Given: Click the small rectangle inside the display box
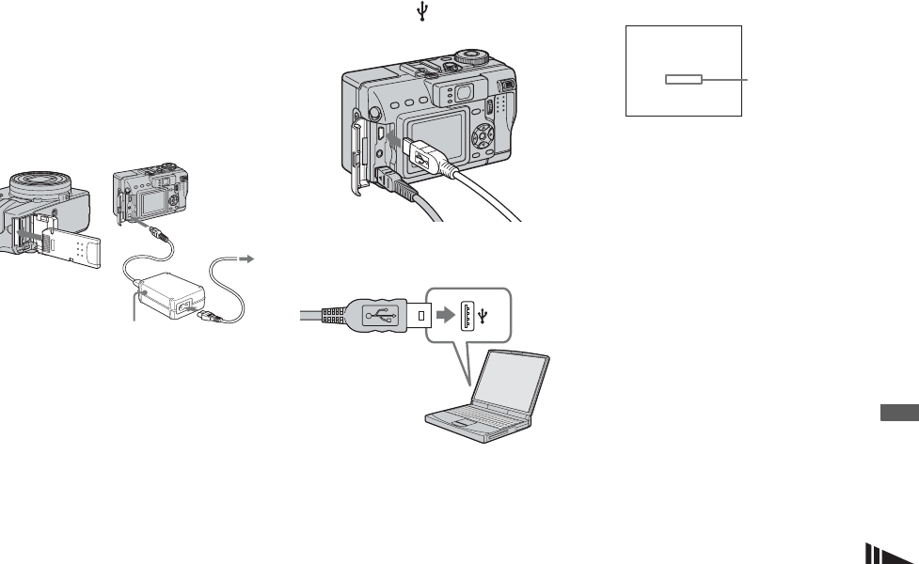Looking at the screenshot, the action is pyautogui.click(x=684, y=80).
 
